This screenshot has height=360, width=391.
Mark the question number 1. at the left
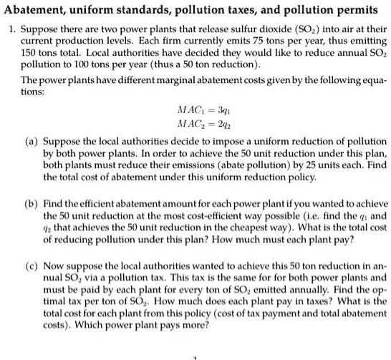(9, 32)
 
